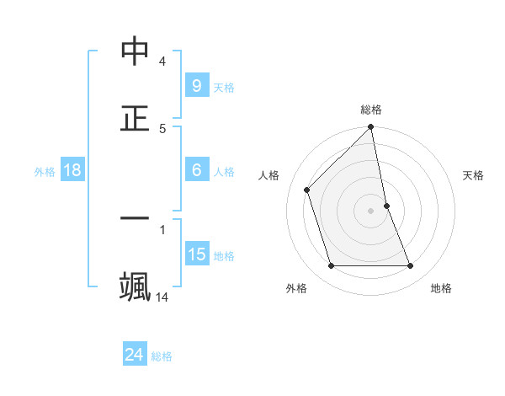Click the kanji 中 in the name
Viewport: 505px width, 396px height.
click(x=135, y=51)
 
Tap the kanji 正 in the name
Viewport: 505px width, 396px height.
click(x=135, y=117)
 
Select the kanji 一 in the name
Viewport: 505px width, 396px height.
click(x=135, y=219)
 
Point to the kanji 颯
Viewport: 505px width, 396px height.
click(x=135, y=286)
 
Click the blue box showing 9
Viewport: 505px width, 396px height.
click(x=196, y=85)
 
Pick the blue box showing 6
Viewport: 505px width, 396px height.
click(x=196, y=170)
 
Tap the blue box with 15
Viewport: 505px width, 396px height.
click(x=196, y=254)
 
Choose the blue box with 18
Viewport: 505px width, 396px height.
click(x=72, y=170)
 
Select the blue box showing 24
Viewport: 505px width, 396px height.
click(x=134, y=355)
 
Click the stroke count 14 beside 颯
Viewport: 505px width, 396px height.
click(x=162, y=297)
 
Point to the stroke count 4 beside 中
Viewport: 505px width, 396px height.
click(x=162, y=62)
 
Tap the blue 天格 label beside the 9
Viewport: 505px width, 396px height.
click(x=224, y=87)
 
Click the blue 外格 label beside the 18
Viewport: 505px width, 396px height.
click(x=45, y=171)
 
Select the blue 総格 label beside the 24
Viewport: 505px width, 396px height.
click(x=162, y=356)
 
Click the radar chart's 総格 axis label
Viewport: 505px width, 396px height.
click(x=371, y=110)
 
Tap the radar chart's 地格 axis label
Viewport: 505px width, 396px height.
click(x=441, y=288)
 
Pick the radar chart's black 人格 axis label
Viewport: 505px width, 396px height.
click(x=269, y=175)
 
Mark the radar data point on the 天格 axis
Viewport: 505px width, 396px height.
click(x=386, y=206)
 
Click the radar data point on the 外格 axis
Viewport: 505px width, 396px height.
click(x=332, y=266)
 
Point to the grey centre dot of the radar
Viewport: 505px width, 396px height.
click(x=371, y=211)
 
